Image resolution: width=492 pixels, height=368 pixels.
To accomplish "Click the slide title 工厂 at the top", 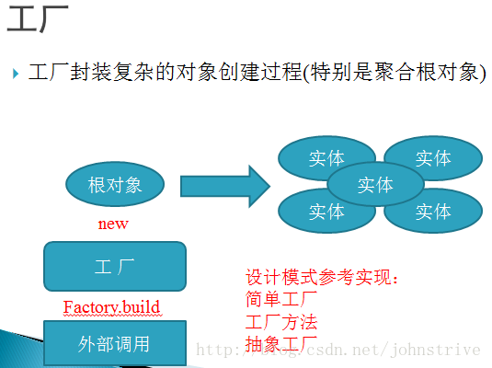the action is coord(38,18).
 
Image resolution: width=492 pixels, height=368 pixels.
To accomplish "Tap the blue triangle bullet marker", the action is coord(16,74).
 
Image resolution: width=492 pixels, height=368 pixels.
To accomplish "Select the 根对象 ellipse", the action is coord(115,184).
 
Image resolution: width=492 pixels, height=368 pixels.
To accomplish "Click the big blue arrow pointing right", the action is coord(225,186).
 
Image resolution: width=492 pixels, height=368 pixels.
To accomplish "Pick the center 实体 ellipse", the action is coord(375,184).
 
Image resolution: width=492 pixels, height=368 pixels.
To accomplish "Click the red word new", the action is coord(113,224).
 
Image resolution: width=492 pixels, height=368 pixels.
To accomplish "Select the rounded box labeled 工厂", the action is coord(115,266).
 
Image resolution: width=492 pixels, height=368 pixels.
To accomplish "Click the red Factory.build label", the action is coord(111,306).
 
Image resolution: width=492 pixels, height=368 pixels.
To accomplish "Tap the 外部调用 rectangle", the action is coord(115,343).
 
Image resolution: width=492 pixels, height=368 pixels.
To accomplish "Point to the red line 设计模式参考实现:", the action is coord(322,277).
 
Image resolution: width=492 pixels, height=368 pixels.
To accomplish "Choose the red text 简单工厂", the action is coord(281,299).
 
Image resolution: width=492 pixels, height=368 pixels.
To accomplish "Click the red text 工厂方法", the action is coord(281,322).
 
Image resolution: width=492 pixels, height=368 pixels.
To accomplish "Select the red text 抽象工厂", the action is coord(281,344).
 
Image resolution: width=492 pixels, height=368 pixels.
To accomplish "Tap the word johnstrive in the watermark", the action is coord(436,351).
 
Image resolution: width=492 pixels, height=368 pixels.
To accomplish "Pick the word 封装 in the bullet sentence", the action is coord(91,72).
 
